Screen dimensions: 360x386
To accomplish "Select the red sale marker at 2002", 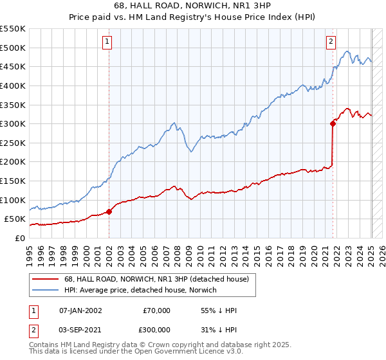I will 109,211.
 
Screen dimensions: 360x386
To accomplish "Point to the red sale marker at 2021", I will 333,123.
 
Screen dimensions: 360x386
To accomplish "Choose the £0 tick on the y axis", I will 19,238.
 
